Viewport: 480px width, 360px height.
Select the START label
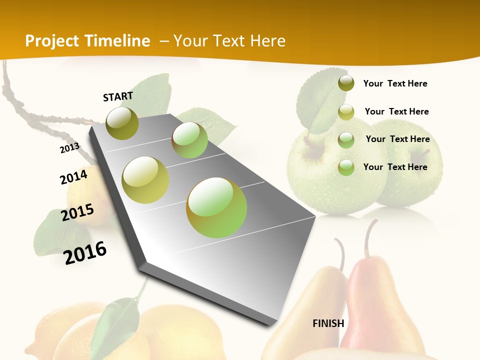point(118,96)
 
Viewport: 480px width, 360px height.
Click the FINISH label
point(328,323)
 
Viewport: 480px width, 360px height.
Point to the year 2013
point(69,147)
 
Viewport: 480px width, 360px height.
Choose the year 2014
point(73,177)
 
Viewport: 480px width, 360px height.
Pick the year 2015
point(77,212)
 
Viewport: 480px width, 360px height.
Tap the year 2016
point(85,252)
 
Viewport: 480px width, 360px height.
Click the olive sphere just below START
point(122,123)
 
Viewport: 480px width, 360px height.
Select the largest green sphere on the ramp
point(216,207)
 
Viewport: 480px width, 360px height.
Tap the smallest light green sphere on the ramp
point(189,140)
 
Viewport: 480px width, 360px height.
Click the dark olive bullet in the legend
point(346,83)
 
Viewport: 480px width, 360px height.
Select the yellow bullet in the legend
point(346,111)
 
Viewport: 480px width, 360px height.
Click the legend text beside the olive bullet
point(395,84)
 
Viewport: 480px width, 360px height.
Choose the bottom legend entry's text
point(395,167)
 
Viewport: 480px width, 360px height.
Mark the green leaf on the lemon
point(118,320)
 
